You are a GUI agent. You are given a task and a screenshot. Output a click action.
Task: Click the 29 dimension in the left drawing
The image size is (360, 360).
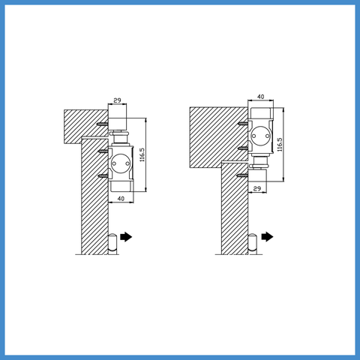(x=117, y=100)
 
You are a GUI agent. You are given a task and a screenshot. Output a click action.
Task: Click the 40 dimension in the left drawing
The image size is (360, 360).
(x=121, y=199)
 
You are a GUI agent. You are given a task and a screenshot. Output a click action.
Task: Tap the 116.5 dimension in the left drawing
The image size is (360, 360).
(x=142, y=155)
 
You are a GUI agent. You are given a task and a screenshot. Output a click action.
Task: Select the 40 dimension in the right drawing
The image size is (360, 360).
(x=260, y=97)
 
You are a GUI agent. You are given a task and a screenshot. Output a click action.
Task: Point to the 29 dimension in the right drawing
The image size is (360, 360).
(x=257, y=189)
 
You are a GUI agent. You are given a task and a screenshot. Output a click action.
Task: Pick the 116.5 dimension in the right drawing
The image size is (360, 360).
(x=280, y=144)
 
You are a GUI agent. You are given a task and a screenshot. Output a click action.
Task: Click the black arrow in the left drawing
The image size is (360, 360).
(x=126, y=237)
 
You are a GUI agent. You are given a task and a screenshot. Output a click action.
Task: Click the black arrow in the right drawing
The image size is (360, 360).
(x=267, y=237)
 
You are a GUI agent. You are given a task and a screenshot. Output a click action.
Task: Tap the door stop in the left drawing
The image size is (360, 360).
(x=112, y=244)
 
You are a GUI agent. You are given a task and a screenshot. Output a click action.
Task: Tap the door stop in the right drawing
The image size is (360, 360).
(x=253, y=244)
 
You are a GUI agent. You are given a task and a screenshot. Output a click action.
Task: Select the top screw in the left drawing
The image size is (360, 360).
(x=103, y=124)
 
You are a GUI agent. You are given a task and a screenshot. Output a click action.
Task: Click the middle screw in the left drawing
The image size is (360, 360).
(x=103, y=151)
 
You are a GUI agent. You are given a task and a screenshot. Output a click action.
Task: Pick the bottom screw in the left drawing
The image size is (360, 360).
(x=103, y=176)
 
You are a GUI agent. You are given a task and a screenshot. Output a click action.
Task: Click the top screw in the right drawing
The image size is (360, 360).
(x=243, y=123)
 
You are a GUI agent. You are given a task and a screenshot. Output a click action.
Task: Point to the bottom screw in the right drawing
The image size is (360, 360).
(x=243, y=175)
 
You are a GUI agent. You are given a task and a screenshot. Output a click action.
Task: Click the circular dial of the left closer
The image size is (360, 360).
(x=121, y=163)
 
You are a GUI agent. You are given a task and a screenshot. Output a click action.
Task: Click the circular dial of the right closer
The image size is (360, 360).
(x=260, y=136)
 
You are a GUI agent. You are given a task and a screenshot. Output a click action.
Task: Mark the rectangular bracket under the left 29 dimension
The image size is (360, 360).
(x=117, y=120)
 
